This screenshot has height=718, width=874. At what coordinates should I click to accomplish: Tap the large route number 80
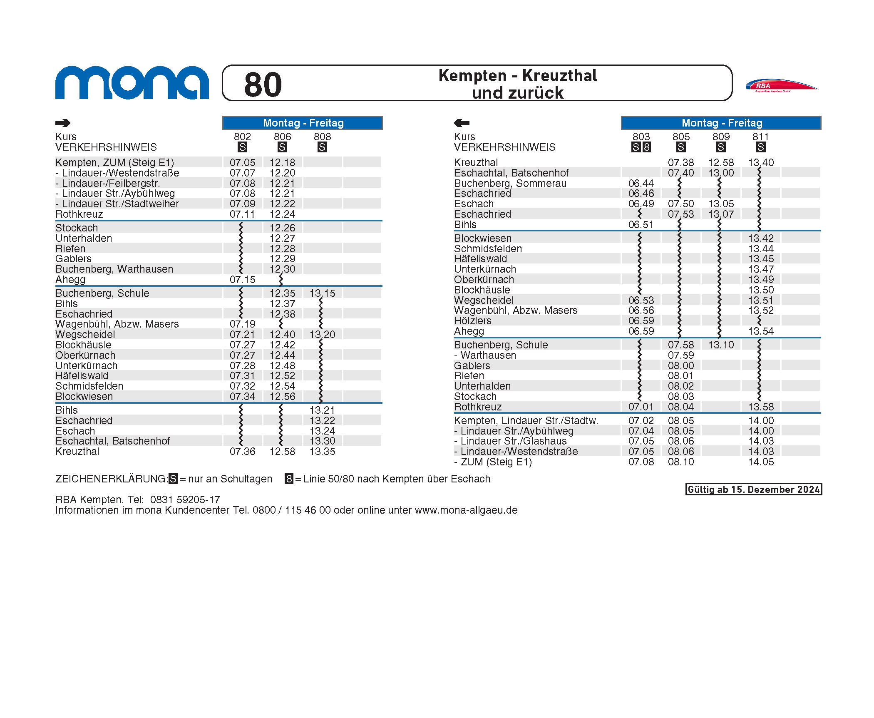pos(263,84)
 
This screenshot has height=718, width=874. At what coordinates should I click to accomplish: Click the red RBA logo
pos(781,85)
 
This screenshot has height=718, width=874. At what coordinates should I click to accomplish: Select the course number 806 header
pos(282,137)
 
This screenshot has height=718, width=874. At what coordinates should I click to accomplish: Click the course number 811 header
pos(760,137)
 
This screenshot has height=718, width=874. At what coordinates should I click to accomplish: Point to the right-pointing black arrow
pos(63,123)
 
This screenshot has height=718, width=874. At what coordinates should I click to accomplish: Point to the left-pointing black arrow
pos(462,123)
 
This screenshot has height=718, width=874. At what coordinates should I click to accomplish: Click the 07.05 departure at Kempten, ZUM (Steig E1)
pos(242,162)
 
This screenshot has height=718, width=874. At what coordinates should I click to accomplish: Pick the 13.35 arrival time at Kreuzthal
pos(322,452)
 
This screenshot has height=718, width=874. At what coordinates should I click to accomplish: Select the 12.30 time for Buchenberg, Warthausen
pos(282,269)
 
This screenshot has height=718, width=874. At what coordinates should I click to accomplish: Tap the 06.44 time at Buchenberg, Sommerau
pos(641,183)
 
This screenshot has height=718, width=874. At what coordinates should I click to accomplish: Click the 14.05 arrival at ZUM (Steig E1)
pos(761,462)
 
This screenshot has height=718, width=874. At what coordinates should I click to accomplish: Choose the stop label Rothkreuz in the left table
pos(79,214)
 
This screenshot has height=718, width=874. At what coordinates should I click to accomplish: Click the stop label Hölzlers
pos(472,321)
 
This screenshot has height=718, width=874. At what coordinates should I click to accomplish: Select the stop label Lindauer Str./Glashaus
pos(513,441)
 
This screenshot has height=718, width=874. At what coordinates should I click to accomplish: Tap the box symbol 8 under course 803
pos(646,147)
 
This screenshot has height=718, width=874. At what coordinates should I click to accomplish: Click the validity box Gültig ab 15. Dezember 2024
pos(753,489)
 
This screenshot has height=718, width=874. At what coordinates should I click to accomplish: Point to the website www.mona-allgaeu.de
pos(466,510)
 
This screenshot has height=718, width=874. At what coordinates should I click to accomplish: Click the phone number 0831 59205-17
pos(185,500)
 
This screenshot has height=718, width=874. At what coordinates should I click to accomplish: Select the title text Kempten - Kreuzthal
pos(517,76)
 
